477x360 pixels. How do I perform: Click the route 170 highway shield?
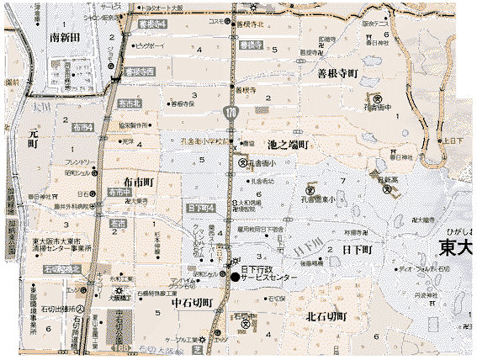(231, 112)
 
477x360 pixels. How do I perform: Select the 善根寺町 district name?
(337, 73)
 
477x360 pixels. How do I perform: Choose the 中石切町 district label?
(190, 303)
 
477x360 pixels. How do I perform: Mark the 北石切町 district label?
(326, 315)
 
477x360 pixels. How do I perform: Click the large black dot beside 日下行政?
(234, 277)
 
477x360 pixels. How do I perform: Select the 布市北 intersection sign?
(130, 102)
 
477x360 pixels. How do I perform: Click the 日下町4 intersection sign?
(202, 207)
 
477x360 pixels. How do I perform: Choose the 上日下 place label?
(454, 140)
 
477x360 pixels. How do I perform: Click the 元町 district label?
(34, 138)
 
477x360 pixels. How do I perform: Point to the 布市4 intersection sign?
(83, 126)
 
